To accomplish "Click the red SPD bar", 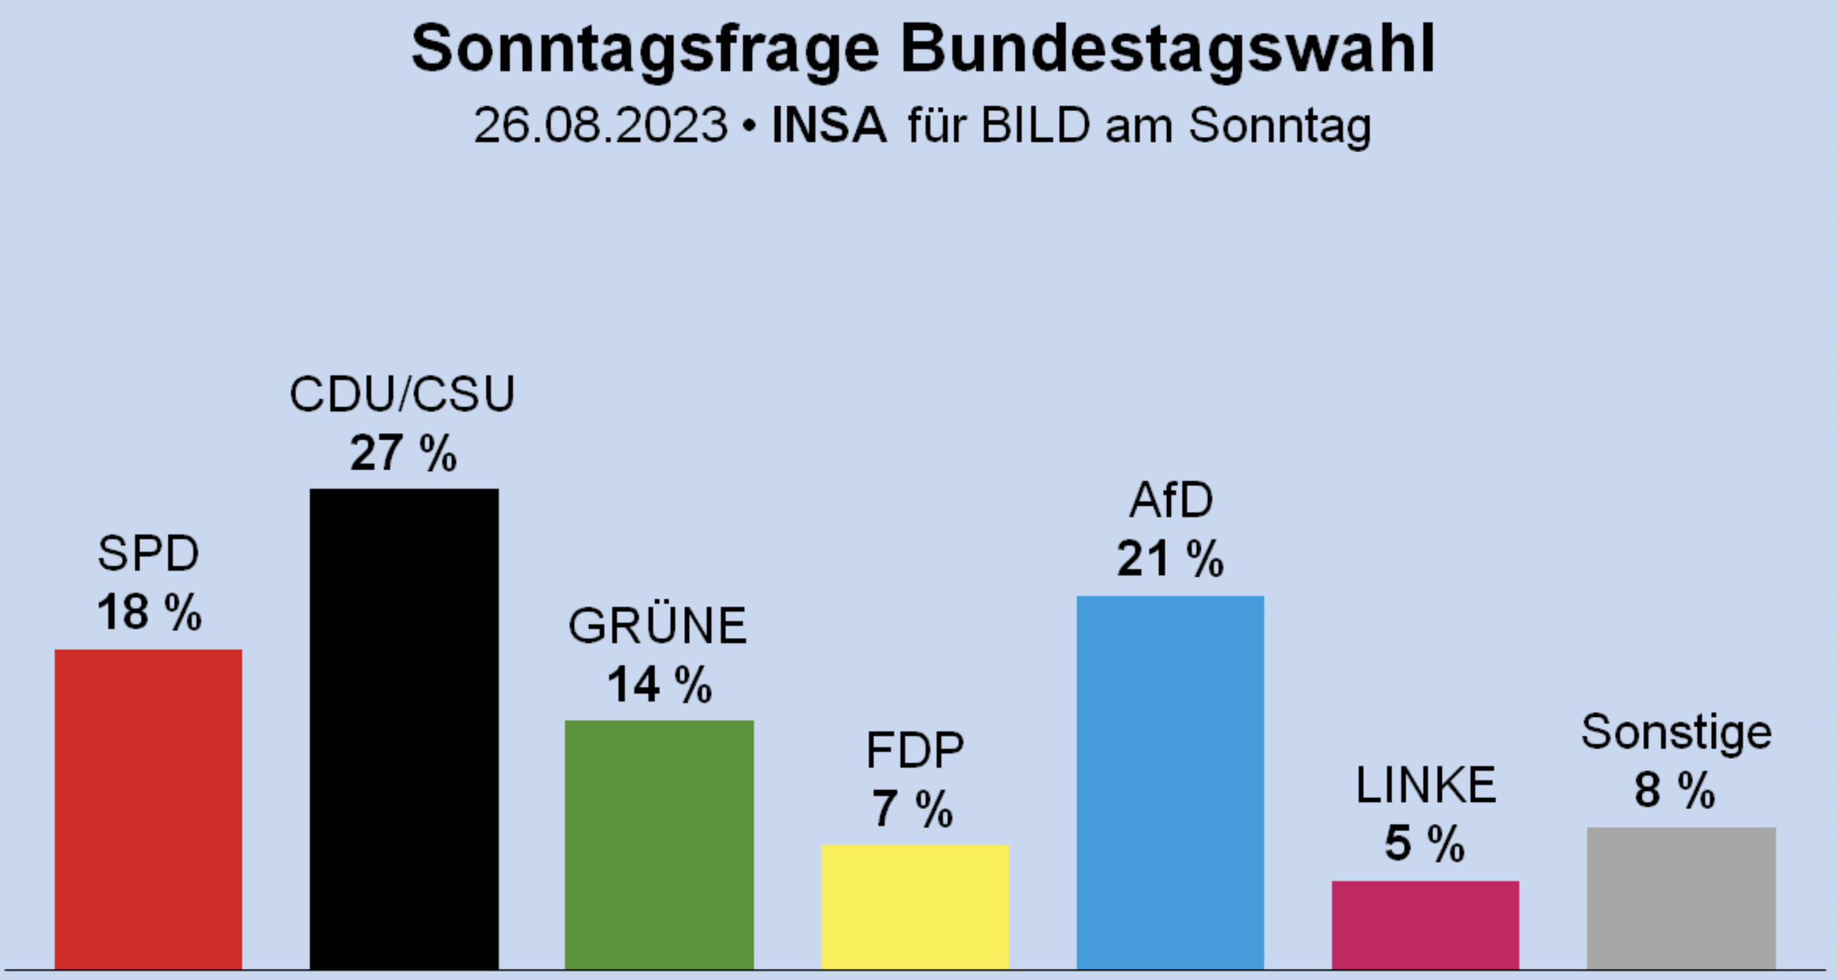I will click(148, 809).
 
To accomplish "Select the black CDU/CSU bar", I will click(404, 728).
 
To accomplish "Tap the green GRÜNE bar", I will click(659, 844).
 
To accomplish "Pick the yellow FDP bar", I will click(915, 906).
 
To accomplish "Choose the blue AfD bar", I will click(1170, 782).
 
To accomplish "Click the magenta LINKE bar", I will click(1425, 925).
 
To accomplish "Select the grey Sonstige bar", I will click(1681, 898).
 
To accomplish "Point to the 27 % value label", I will click(403, 453).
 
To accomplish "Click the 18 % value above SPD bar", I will click(149, 612).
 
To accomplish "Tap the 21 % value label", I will click(1170, 559).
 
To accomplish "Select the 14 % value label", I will click(659, 684).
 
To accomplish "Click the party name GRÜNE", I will click(658, 626).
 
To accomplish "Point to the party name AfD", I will click(1171, 500).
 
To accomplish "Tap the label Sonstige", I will click(1676, 732).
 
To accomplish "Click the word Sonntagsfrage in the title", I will click(645, 48).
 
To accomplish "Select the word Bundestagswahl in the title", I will click(1168, 48).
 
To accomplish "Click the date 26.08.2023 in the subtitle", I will click(600, 125).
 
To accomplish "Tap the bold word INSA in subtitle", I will click(828, 125).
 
